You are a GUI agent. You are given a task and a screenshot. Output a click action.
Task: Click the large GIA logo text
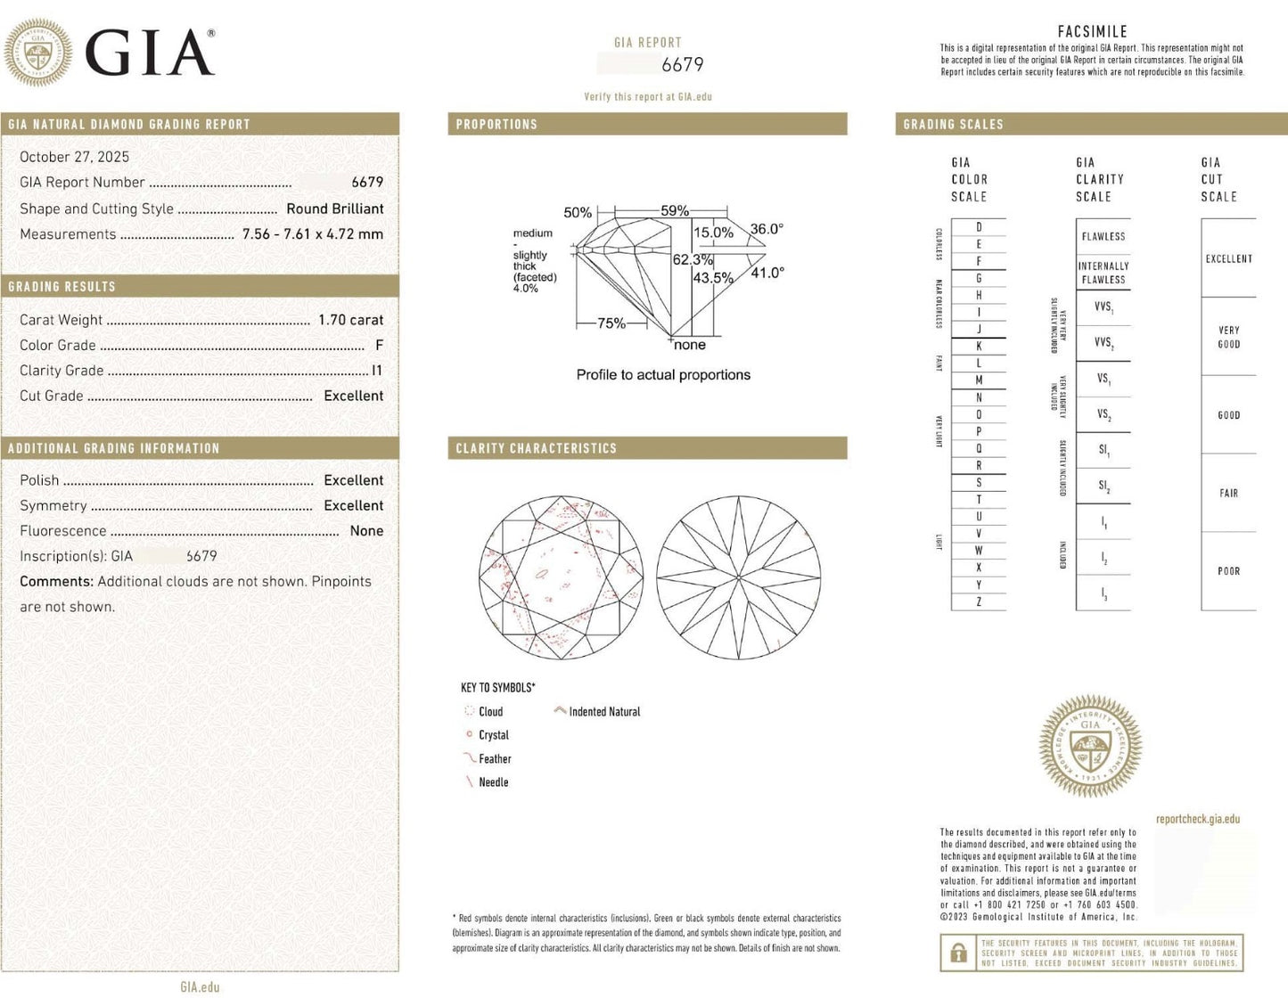coord(149,53)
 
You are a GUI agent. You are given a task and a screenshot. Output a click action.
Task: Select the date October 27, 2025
coord(74,157)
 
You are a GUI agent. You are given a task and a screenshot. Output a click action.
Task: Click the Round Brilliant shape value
coord(334,209)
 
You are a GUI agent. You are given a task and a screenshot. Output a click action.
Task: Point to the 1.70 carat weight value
coord(350,320)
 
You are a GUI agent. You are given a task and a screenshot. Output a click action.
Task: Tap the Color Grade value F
coord(379,345)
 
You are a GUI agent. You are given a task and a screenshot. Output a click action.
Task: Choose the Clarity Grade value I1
coord(377,371)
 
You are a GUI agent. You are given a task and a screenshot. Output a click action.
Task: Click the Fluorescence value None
coord(366,531)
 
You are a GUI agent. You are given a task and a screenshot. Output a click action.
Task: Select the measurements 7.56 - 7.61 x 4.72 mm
coord(312,234)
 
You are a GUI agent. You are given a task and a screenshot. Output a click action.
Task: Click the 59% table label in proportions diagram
coord(674,211)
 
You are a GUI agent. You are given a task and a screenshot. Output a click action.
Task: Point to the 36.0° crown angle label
coord(767,229)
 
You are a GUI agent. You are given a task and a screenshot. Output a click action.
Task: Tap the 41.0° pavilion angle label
coord(767,273)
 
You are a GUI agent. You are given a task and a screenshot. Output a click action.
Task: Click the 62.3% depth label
coord(692,260)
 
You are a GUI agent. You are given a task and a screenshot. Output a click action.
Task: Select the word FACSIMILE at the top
coord(1092,32)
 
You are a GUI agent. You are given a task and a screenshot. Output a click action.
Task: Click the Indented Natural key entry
coord(603,712)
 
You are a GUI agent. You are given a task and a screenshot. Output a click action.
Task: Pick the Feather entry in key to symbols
coord(494,759)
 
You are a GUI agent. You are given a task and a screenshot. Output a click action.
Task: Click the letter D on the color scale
coord(979,227)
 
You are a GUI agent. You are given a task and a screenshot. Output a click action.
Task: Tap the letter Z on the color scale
coord(979,601)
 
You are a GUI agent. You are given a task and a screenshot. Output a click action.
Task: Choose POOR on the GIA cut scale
coord(1228,571)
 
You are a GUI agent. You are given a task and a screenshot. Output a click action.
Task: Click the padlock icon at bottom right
coord(958,953)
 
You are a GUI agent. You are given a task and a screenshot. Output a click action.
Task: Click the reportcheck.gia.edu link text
coord(1197,819)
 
